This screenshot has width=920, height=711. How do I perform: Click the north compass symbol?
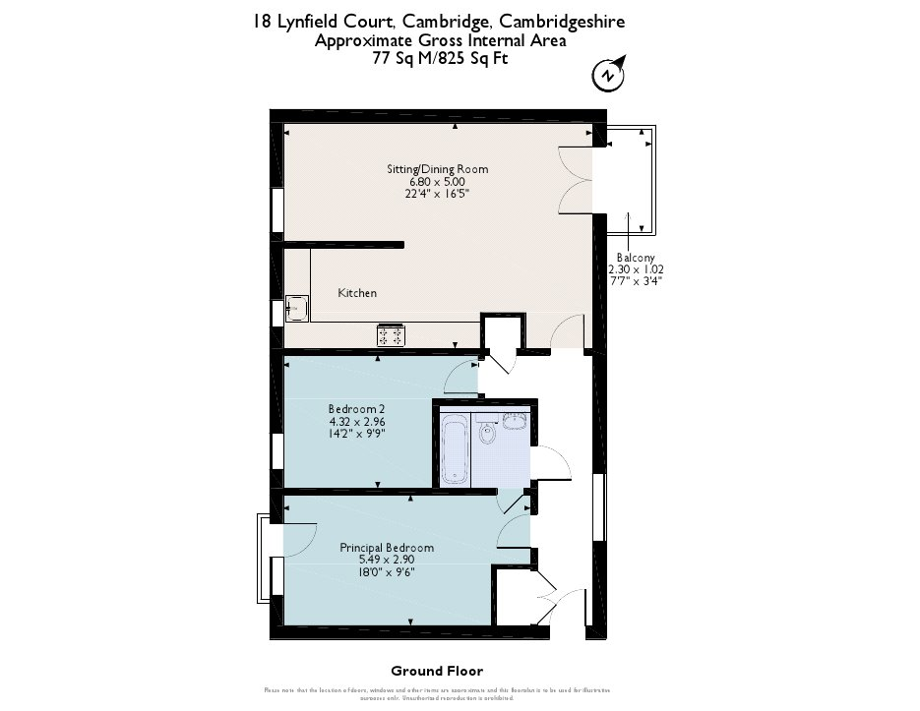coord(608,74)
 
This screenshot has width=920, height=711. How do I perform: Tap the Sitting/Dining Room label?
coord(437,169)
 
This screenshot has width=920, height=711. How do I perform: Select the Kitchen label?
coord(357,293)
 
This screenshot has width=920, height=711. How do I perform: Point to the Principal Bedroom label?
coord(386,548)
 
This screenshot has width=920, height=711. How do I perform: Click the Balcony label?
coord(635,258)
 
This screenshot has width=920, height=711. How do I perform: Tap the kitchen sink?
coord(295,308)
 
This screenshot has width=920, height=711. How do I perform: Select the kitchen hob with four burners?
coord(391,335)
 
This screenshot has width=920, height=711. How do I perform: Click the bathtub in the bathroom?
coord(454,449)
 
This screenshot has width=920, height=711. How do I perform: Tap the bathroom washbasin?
coord(516,422)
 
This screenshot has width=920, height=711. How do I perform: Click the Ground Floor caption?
coord(437,672)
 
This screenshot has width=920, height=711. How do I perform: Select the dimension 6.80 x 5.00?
coord(437,182)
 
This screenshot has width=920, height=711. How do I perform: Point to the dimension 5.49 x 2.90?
coord(386,560)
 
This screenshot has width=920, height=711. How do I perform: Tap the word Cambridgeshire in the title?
coord(561,22)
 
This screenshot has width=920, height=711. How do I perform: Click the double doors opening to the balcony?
coord(575,179)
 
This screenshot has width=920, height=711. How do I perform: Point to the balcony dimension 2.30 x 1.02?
coord(635,269)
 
